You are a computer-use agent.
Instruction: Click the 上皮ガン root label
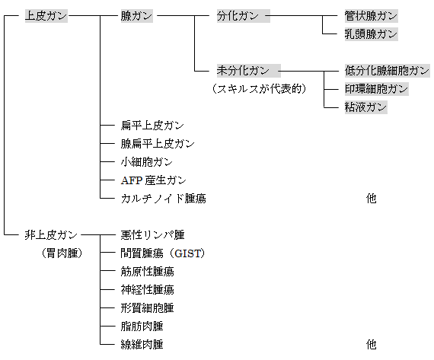click(46, 16)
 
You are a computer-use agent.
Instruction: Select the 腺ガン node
click(136, 16)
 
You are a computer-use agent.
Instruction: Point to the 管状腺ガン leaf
click(371, 16)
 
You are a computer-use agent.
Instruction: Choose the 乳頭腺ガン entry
click(371, 34)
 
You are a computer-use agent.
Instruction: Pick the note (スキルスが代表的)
click(260, 89)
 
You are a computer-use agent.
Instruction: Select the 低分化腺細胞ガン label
click(387, 71)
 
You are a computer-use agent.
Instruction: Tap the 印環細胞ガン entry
click(376, 89)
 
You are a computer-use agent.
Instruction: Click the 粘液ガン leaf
click(365, 107)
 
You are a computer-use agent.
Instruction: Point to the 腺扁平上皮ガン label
click(158, 144)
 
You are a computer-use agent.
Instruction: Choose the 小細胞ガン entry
click(147, 162)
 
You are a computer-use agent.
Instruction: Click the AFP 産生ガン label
click(154, 180)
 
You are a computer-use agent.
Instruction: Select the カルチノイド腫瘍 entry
click(163, 199)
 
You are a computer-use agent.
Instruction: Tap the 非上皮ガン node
click(51, 235)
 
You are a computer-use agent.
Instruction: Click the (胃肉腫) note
click(62, 253)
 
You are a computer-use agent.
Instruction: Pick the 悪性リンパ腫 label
click(152, 235)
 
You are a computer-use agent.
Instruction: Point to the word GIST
click(188, 253)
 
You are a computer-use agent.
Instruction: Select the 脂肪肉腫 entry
click(142, 327)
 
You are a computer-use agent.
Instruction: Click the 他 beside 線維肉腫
click(371, 345)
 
